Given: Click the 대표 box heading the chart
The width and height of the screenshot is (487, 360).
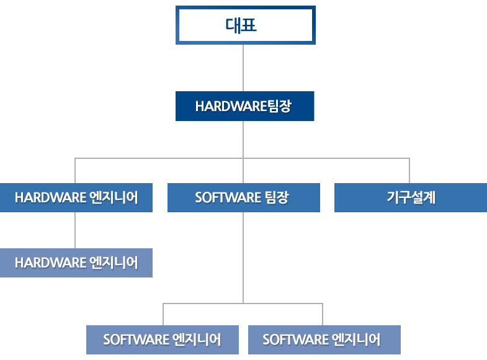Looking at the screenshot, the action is (246, 25).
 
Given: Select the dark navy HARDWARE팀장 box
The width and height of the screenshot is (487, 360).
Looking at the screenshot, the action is (245, 106).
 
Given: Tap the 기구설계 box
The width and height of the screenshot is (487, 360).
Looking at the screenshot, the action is (411, 197).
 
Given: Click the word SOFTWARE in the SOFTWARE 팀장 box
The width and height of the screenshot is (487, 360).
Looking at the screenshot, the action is (228, 197).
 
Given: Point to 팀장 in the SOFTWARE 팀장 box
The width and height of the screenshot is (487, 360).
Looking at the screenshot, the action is (277, 197).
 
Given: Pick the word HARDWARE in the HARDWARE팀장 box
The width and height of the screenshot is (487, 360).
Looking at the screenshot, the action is (231, 106).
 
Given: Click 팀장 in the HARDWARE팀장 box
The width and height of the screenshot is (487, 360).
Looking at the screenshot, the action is (279, 106).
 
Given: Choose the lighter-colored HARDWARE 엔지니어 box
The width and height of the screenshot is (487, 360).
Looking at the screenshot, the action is (76, 263).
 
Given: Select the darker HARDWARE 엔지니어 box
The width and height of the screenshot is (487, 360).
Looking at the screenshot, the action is (76, 197).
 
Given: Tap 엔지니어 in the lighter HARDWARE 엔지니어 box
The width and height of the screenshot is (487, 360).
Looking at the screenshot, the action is (114, 263).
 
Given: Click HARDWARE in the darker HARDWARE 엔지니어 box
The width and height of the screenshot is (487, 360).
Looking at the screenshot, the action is (51, 197).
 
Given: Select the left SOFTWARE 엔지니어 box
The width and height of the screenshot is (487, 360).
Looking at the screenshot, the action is (163, 340).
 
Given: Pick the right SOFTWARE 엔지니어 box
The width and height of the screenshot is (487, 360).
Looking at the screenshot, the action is (324, 340).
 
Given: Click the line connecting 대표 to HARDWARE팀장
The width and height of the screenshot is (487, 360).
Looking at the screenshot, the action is (243, 68).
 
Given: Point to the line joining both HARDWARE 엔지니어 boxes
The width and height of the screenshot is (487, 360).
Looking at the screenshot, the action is (75, 230).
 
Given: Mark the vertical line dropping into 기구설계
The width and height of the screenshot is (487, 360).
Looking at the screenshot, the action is (409, 171).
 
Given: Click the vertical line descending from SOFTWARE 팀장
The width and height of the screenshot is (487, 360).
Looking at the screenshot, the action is (243, 258).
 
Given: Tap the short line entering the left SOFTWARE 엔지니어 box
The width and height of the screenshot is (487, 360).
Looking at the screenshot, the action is (163, 314).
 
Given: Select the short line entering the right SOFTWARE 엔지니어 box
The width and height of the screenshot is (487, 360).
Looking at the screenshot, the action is (323, 314).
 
